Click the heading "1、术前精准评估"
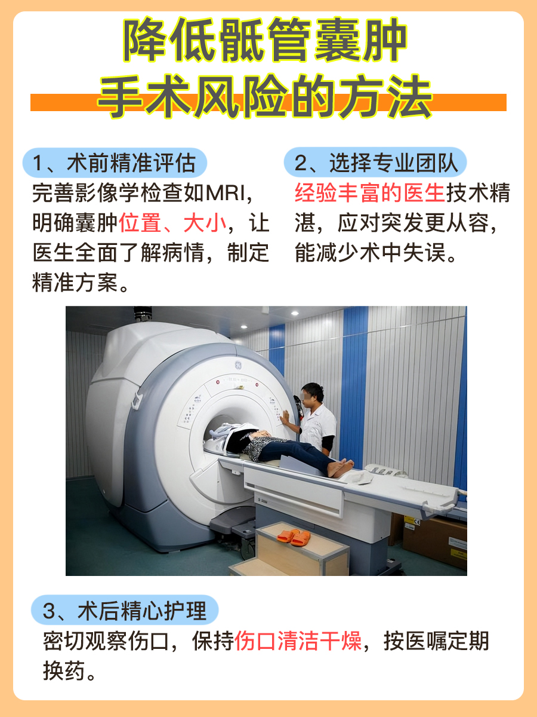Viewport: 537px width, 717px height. click(115, 163)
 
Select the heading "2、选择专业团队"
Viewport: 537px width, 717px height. click(375, 163)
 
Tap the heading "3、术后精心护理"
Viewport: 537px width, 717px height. click(125, 611)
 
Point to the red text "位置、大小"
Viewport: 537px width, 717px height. click(173, 223)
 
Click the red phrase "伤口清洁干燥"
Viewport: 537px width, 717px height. click(298, 642)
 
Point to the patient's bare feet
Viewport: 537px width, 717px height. click(340, 468)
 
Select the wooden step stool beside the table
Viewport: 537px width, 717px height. click(298, 550)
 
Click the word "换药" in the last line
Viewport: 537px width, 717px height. click(65, 672)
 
